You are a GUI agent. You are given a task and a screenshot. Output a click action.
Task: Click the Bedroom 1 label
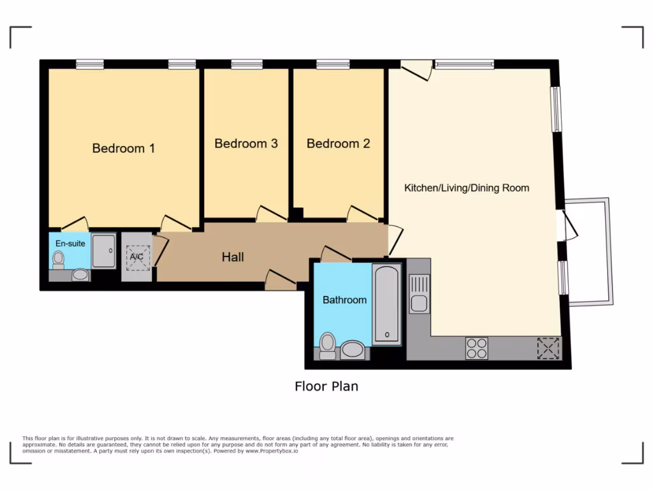point(124,148)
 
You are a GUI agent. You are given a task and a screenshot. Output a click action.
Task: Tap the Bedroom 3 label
point(246,144)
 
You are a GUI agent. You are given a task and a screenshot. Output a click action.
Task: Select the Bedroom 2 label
point(338,144)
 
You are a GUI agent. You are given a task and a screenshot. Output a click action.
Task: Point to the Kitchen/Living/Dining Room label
point(467,188)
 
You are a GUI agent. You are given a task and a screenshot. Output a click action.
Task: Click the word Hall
point(233,257)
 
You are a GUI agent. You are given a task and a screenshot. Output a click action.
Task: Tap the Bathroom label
point(344,299)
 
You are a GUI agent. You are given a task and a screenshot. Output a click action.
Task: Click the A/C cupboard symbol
point(137,257)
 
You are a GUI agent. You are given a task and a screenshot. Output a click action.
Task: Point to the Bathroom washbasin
point(353,350)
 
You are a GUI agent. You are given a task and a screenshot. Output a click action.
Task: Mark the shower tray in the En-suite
point(103,250)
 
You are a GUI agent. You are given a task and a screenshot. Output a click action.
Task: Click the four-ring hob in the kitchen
point(476,348)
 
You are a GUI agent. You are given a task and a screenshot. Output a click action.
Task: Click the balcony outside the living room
point(590,251)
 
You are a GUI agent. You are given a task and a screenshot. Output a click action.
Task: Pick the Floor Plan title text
point(326,386)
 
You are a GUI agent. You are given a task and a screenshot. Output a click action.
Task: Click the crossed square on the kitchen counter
point(548,348)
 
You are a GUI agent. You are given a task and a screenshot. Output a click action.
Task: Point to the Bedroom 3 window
point(247,64)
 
